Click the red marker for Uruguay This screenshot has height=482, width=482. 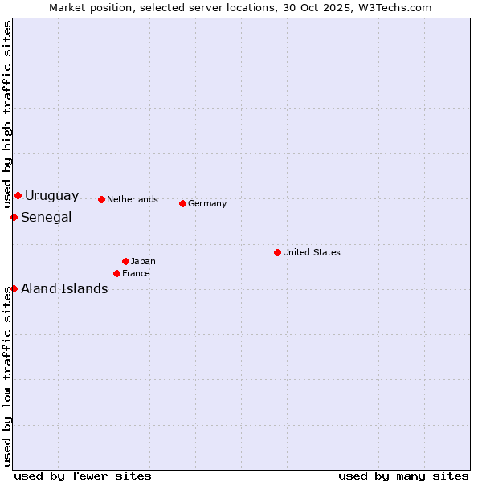pos(18,195)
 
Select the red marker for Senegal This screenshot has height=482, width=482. pos(14,217)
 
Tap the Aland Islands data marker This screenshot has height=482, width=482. pos(14,288)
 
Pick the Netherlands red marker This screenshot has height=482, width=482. pos(101,199)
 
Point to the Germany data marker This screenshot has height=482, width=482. pos(182,203)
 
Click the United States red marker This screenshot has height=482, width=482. pos(277,252)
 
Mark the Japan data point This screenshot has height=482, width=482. pos(125,261)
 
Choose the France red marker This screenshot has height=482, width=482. pos(116,273)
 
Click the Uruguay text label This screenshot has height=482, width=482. pos(51,196)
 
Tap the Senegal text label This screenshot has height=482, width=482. pos(46,218)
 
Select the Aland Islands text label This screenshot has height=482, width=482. pos(64,289)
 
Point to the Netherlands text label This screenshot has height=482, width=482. pos(132,200)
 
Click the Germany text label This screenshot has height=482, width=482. pos(207,204)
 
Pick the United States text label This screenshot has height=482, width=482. pos(311,253)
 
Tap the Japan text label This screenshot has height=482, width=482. pos(143,262)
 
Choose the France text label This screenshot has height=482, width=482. pos(136,274)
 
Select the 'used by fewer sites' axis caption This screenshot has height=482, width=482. pos(83,476)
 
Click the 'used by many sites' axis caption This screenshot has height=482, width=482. pos(403,476)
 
